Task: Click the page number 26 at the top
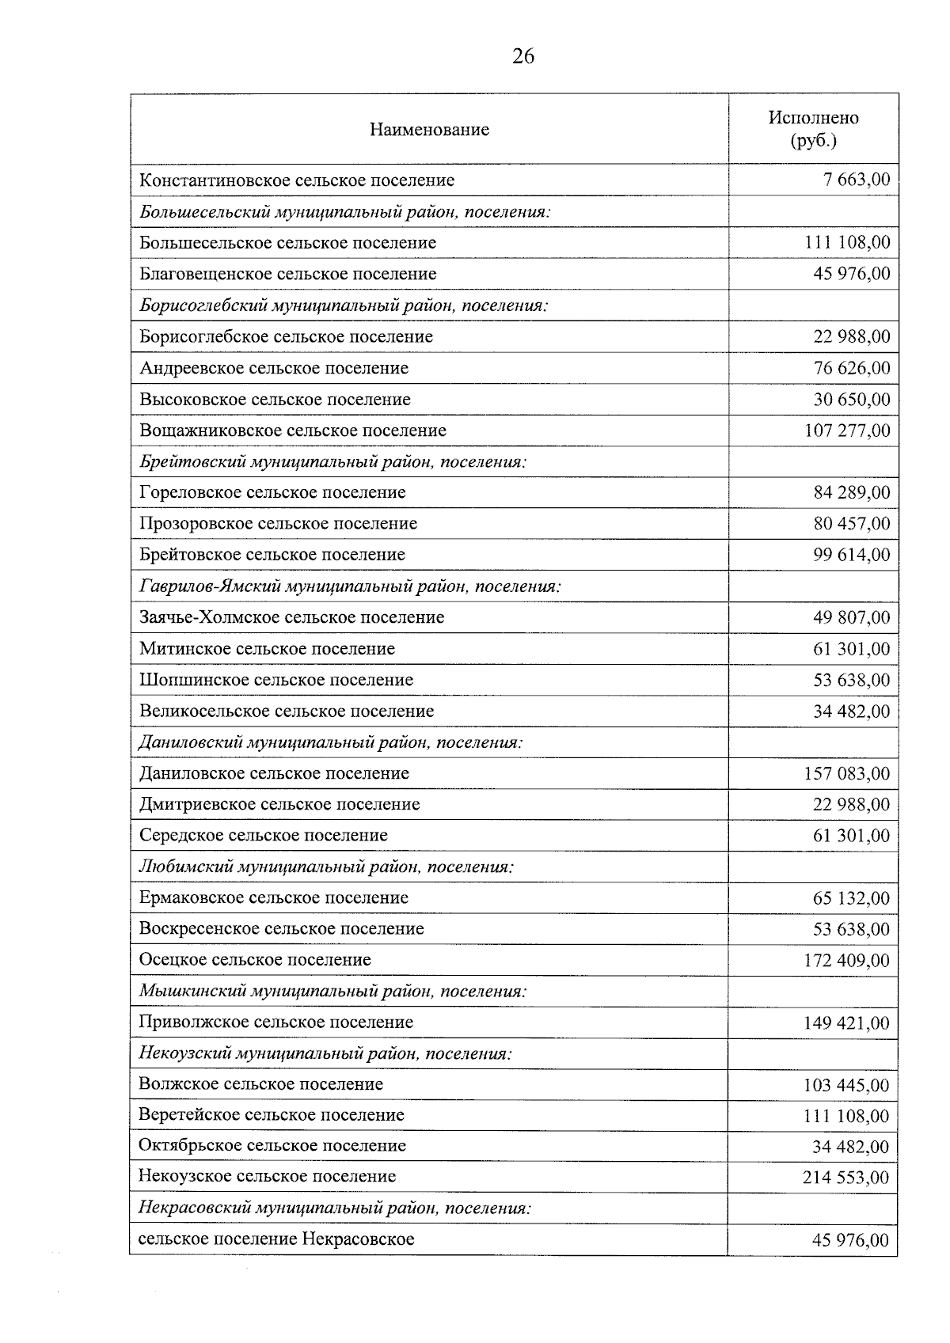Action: click(523, 56)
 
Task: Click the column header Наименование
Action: click(429, 130)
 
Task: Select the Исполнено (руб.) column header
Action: click(813, 129)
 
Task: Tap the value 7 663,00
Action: click(857, 180)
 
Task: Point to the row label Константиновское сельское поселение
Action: click(297, 180)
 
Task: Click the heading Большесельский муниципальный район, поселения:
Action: click(344, 212)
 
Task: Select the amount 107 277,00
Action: click(847, 431)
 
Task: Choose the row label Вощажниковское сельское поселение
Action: click(293, 431)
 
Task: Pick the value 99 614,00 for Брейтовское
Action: click(851, 556)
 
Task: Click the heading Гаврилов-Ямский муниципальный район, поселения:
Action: click(350, 587)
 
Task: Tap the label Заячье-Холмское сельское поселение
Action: click(291, 618)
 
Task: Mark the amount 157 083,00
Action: click(847, 774)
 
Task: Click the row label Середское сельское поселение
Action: click(264, 836)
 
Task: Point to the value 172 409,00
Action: click(847, 961)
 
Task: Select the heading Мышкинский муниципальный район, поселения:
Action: click(332, 992)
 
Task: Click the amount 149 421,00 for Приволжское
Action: click(847, 1023)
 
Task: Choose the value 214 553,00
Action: click(846, 1178)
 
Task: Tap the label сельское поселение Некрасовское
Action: click(276, 1239)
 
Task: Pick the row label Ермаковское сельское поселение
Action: click(274, 898)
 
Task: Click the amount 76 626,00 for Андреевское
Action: click(851, 369)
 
